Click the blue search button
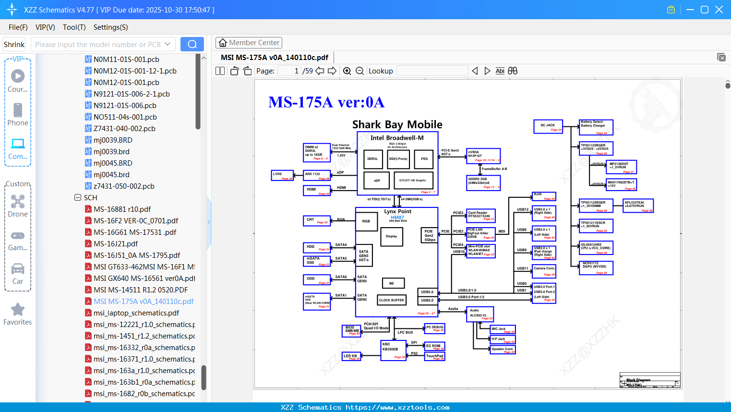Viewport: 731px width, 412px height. (192, 44)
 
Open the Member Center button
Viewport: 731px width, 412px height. (249, 43)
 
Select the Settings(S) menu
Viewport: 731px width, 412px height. (110, 27)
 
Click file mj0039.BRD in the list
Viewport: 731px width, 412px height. (113, 140)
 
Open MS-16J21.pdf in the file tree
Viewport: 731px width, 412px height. (116, 244)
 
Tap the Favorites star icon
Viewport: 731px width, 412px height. (18, 310)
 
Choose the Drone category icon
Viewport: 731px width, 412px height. (18, 202)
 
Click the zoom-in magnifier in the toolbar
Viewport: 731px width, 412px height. (347, 71)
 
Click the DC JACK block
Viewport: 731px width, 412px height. (548, 126)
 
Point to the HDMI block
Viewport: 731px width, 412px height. (317, 190)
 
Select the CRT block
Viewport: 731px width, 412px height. (317, 221)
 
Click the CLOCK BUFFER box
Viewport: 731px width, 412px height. (392, 300)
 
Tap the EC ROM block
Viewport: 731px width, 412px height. (435, 346)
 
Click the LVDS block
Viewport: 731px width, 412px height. (282, 175)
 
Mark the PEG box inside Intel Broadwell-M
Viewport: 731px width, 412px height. (424, 158)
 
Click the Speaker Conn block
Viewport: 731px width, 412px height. (503, 350)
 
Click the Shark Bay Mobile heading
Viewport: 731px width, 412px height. (397, 125)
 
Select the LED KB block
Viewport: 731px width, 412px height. (351, 356)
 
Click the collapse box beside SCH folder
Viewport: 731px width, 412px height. (78, 198)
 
